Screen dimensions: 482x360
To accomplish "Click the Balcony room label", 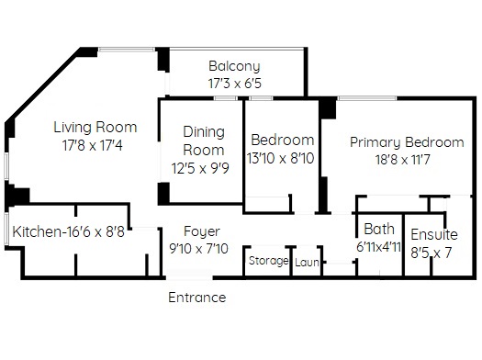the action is [x=234, y=66].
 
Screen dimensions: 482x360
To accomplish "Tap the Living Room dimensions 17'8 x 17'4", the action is [x=93, y=145].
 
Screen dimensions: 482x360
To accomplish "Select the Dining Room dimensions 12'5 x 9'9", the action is [x=200, y=168].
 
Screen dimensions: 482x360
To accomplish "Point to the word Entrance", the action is [x=197, y=298].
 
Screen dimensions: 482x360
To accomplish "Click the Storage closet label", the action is [x=269, y=261].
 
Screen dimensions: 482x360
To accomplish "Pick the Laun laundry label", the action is [x=307, y=263].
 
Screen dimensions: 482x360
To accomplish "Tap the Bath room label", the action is [x=379, y=229].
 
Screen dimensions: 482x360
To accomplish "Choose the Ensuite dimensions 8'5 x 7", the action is [x=431, y=253].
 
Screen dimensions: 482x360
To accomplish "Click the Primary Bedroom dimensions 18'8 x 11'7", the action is [x=403, y=160].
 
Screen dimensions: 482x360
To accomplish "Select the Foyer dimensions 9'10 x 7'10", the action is [x=199, y=248].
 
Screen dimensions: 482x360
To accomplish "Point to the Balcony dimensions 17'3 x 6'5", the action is [x=234, y=84].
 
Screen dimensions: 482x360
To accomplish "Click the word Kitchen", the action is [x=37, y=231].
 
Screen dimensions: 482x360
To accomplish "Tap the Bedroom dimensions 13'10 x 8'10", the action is [x=280, y=159].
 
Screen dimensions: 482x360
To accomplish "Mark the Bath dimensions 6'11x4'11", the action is [x=378, y=246].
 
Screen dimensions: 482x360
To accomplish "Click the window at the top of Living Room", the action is [x=127, y=50].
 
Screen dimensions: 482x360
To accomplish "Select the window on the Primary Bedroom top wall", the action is [x=367, y=98].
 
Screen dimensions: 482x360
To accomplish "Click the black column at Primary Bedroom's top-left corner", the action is [x=328, y=107].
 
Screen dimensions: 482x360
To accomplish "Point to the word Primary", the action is [x=375, y=142].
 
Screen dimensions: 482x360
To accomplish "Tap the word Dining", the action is [x=204, y=132].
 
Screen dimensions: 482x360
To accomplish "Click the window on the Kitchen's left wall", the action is [x=6, y=229].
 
